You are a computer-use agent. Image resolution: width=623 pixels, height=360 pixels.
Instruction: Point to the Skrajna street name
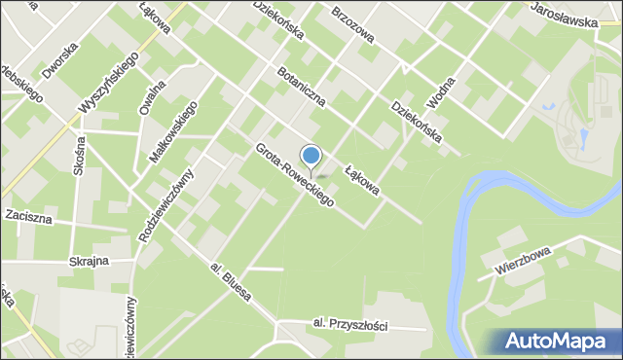point(88,262)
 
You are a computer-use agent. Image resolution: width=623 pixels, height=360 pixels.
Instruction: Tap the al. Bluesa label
point(231,279)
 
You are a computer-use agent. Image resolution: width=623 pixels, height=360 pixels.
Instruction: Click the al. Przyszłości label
point(350,325)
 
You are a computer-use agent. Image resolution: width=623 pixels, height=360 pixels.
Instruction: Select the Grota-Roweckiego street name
point(295,175)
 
